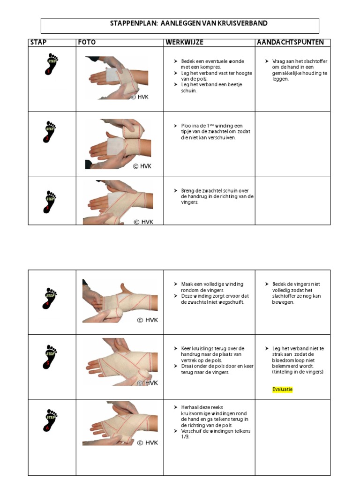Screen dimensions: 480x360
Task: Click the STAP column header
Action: (x=38, y=43)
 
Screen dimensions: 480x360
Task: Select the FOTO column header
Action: (x=87, y=43)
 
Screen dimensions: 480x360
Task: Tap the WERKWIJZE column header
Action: (x=184, y=43)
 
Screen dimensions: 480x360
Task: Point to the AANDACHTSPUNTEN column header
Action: (x=290, y=43)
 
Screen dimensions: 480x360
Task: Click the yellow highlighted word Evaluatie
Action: (x=282, y=390)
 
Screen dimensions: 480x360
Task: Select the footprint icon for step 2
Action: (x=50, y=132)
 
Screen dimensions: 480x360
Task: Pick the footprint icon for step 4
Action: (x=50, y=297)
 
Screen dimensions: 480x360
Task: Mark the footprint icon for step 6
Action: (x=50, y=420)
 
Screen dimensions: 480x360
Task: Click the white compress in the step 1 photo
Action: (x=112, y=76)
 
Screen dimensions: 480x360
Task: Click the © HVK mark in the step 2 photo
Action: (x=142, y=165)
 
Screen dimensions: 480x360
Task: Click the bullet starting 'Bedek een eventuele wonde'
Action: (x=209, y=61)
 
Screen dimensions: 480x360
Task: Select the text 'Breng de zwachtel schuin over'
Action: (x=215, y=191)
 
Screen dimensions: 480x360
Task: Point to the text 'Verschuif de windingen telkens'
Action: (x=216, y=431)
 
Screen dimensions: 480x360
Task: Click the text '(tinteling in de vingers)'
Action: (x=298, y=372)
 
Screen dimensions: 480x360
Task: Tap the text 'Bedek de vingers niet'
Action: (x=296, y=284)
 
